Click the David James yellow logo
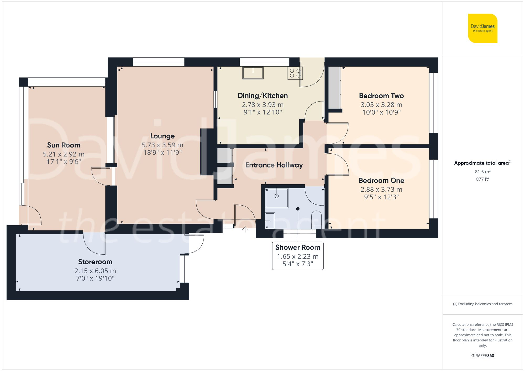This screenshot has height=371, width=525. coord(482,28)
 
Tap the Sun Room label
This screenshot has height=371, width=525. coord(64,145)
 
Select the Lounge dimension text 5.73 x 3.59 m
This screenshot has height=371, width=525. coord(162,145)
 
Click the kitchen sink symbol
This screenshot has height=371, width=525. coord(253,73)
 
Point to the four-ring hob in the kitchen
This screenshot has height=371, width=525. coord(295,73)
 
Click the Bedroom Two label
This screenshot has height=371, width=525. coord(381,96)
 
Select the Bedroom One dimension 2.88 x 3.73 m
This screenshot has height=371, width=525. coord(381,189)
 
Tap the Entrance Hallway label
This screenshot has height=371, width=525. coord(274,165)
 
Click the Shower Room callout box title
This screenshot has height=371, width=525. coord(297,247)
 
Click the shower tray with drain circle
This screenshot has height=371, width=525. coord(277,198)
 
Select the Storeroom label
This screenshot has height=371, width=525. coord(95,262)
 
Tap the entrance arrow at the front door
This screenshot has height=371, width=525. coord(245,229)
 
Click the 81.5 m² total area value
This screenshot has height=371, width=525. coord(482,172)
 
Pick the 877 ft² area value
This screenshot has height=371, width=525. coord(482,179)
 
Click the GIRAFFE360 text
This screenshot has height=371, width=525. coord(482,356)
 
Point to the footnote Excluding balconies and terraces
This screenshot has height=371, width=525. coord(482,304)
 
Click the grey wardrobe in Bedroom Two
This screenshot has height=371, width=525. coord(334,88)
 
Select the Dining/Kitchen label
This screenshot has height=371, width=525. coord(262,96)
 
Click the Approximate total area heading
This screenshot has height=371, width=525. coord(482,163)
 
